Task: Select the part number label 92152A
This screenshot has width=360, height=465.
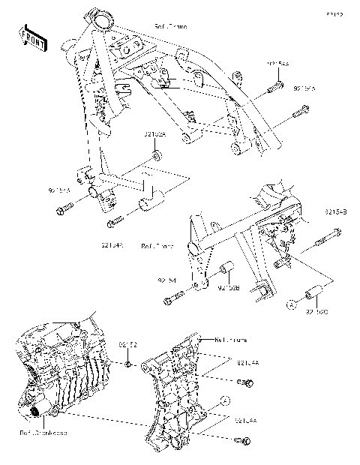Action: click(154, 134)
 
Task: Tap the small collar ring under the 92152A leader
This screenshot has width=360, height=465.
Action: click(157, 155)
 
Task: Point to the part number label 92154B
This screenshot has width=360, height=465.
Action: click(334, 213)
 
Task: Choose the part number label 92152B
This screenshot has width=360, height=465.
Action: click(228, 286)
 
